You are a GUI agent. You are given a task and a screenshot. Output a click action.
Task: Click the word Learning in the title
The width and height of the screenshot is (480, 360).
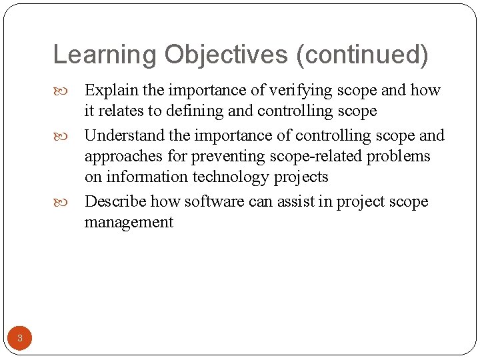105,55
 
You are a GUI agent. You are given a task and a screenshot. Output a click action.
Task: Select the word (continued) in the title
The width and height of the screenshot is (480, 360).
364,55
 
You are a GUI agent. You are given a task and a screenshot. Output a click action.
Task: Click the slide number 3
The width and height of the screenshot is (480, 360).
20,338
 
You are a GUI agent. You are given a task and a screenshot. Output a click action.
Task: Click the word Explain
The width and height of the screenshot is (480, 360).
110,90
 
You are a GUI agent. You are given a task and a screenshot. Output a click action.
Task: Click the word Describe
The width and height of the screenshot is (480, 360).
115,201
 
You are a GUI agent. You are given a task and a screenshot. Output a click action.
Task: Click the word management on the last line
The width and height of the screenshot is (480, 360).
129,222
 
